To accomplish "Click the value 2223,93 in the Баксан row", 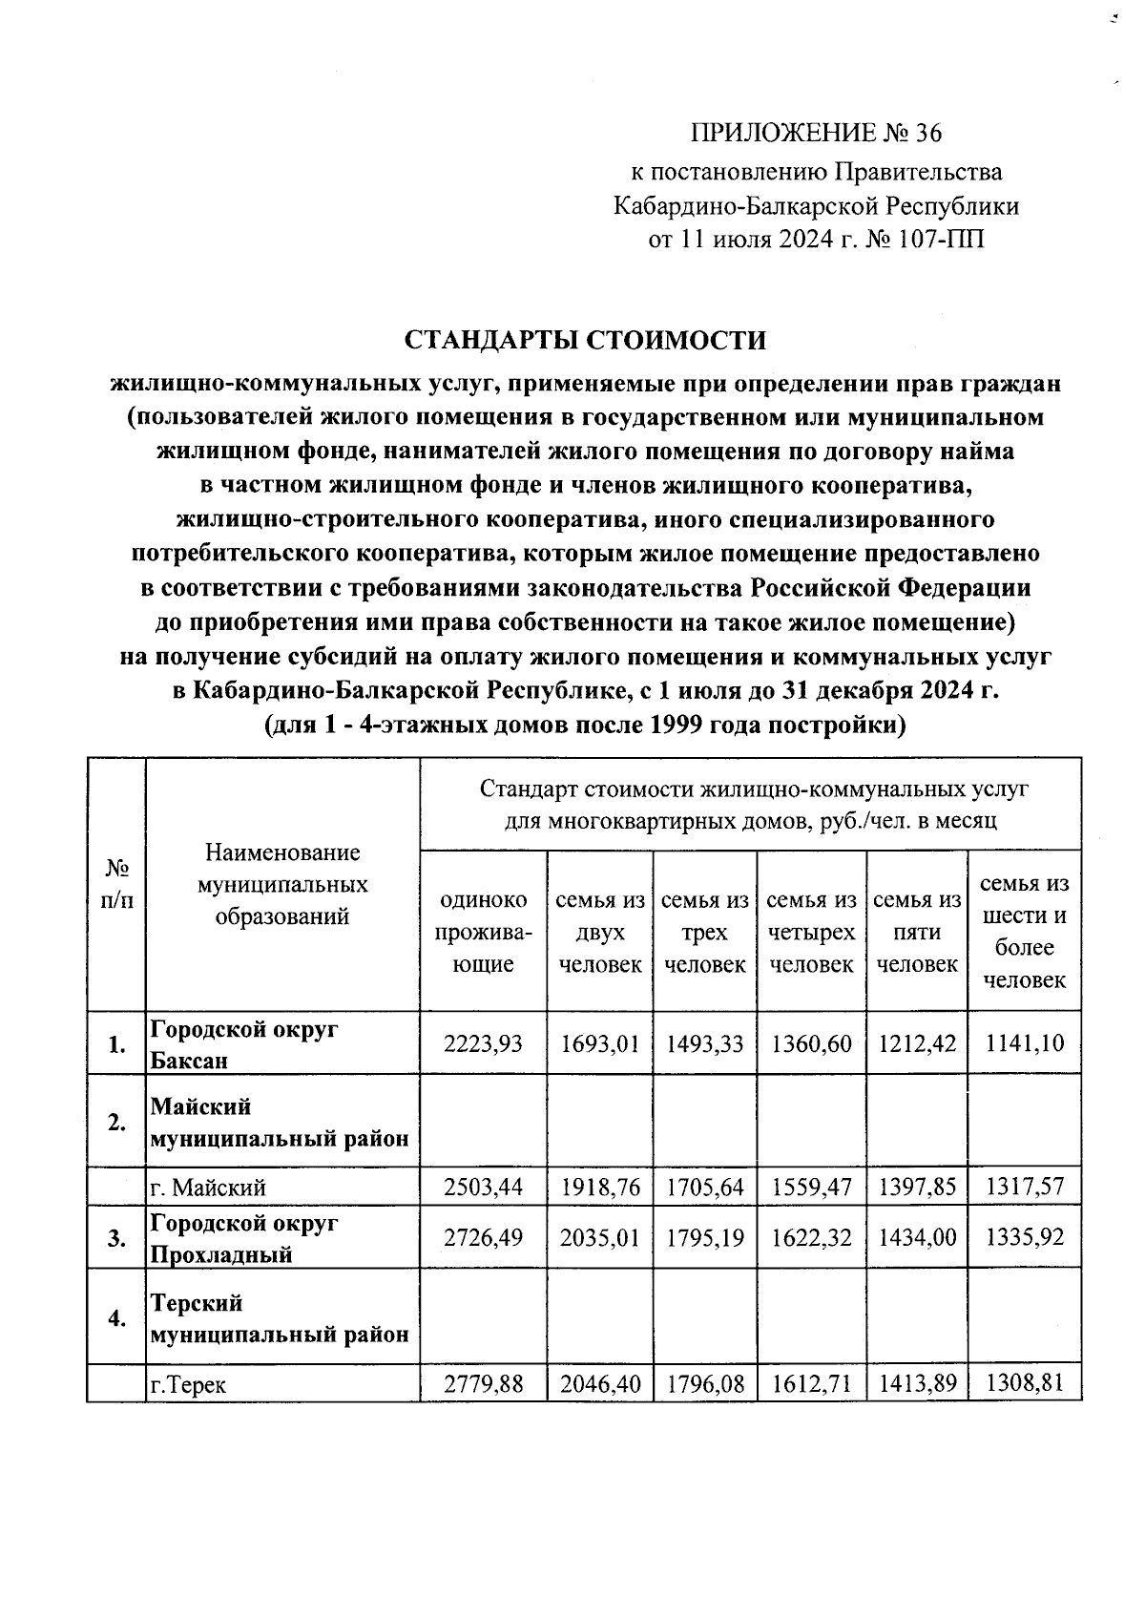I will [483, 1043].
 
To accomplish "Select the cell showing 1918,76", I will [600, 1187].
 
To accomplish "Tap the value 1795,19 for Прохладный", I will [705, 1236].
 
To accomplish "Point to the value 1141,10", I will [1025, 1043].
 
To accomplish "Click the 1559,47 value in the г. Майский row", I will [811, 1187].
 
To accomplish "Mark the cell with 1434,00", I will [917, 1236].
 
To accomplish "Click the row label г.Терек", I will [188, 1383].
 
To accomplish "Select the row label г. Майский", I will [208, 1188].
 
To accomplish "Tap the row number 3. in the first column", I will [116, 1238].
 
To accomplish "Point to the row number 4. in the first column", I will [116, 1318].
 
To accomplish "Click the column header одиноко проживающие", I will [483, 932].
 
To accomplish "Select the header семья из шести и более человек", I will [1025, 931].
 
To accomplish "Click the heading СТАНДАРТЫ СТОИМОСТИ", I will [586, 341].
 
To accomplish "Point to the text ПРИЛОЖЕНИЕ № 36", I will [816, 134].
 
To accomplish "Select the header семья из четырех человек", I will [811, 932].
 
